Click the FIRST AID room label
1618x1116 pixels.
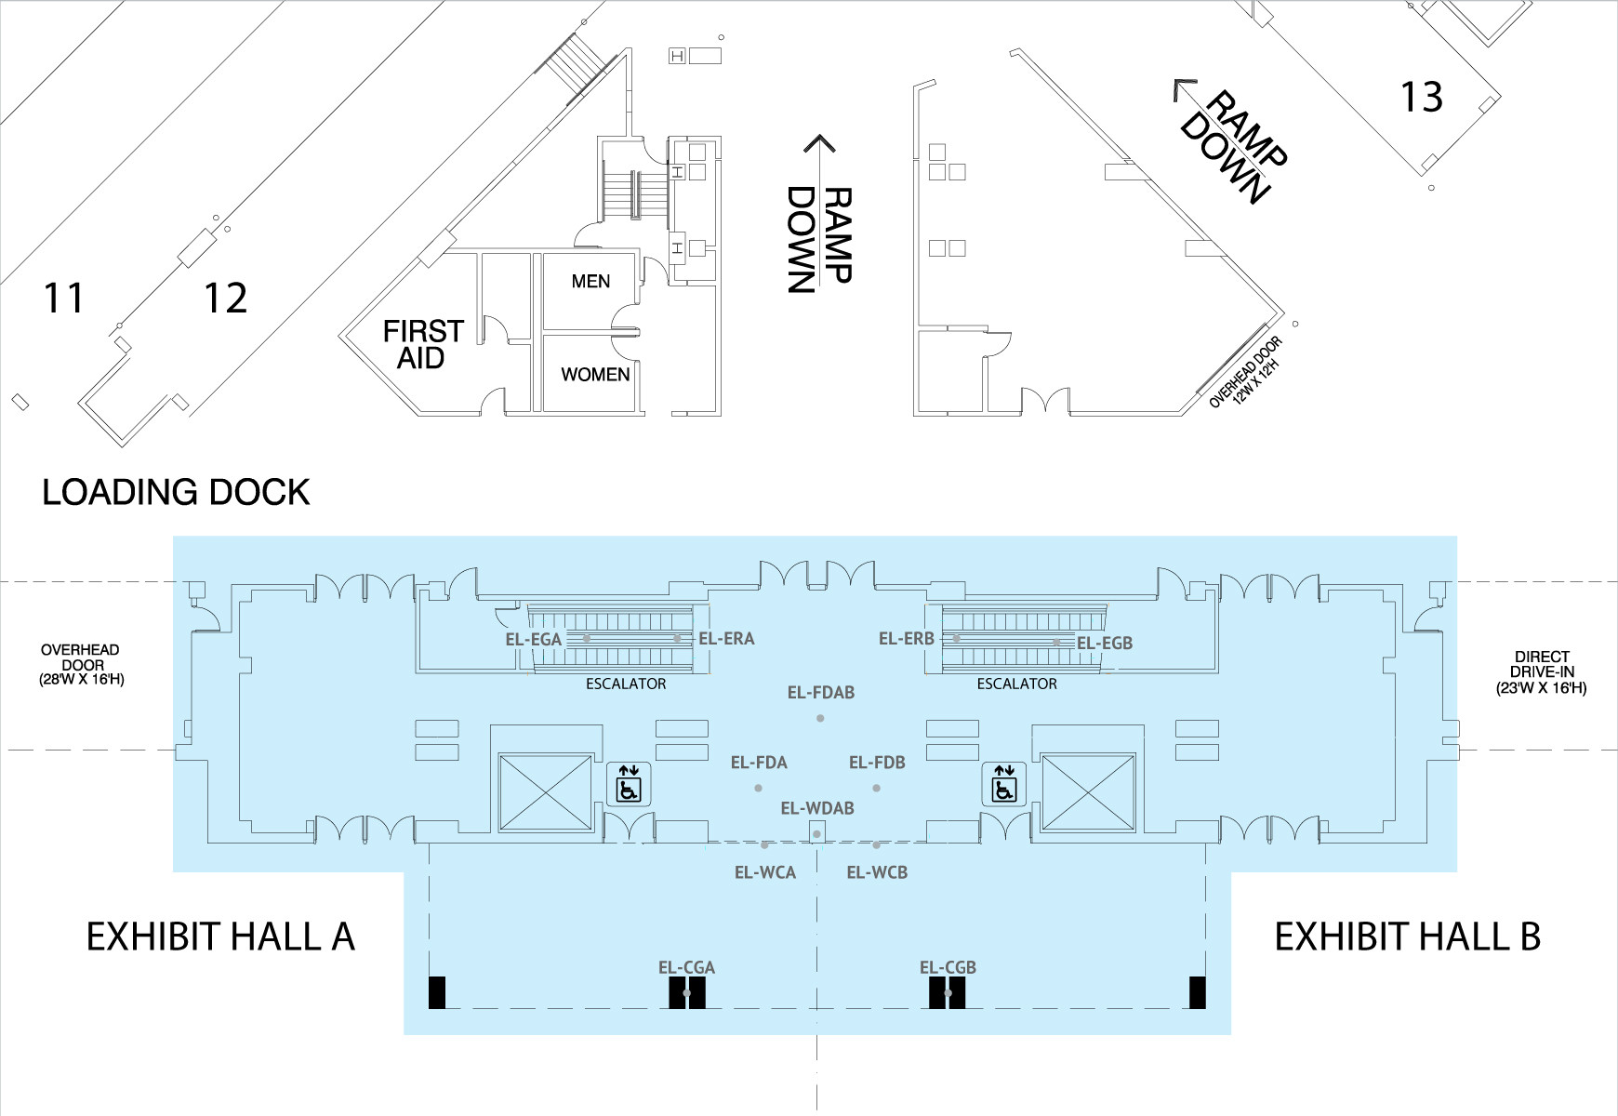tap(423, 344)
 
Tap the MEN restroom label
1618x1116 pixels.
tap(590, 281)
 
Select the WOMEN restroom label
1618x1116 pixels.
tap(595, 374)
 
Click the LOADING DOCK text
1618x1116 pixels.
tap(176, 492)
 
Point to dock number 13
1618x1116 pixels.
tap(1422, 97)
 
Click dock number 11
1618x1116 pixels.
tap(64, 298)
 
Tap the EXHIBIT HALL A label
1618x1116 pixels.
tap(220, 937)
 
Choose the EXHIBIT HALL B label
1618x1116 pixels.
tap(1407, 937)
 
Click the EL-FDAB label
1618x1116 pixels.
tap(820, 692)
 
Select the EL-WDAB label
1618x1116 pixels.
tap(817, 808)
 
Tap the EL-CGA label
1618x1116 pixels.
tap(686, 967)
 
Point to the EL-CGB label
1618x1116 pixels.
tap(948, 967)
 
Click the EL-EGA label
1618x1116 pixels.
tap(534, 639)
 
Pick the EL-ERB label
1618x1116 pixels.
tap(907, 638)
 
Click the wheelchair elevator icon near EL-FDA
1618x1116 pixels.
tap(629, 784)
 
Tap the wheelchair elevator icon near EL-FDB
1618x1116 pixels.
tap(1004, 784)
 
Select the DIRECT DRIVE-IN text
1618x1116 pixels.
tap(1542, 672)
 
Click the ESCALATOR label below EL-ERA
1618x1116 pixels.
tap(626, 684)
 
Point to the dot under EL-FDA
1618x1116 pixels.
tap(758, 788)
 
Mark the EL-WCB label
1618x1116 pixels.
tap(877, 872)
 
